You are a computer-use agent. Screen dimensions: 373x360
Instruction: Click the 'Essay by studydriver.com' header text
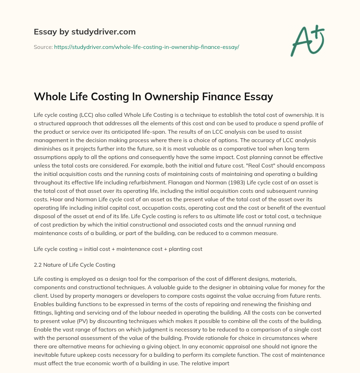click(84, 32)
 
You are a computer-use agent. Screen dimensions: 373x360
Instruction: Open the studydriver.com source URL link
click(146, 47)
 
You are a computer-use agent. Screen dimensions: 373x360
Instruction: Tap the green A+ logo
click(307, 40)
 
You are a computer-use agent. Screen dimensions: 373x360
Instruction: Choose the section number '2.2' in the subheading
click(38, 265)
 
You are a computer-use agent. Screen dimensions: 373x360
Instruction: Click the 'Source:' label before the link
click(43, 47)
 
